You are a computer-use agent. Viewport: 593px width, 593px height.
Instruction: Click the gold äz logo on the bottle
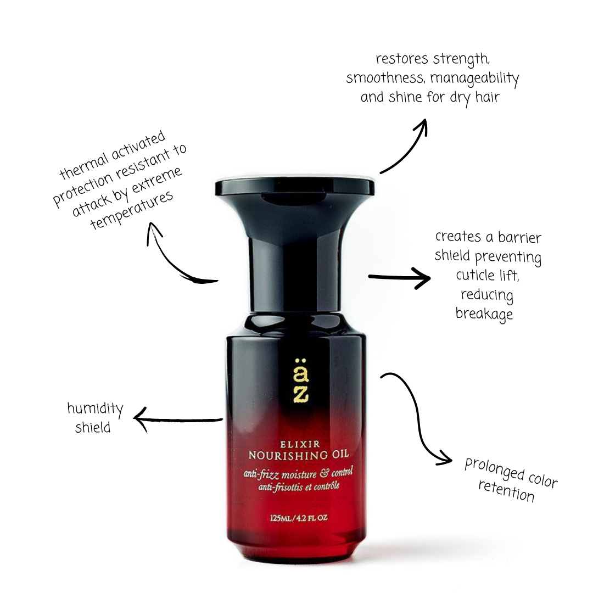(301, 381)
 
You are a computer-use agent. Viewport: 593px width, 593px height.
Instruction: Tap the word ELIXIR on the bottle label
(300, 444)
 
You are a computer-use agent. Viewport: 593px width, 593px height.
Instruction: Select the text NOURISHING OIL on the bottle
(298, 455)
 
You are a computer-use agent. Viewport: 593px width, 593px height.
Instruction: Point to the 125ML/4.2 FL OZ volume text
(299, 518)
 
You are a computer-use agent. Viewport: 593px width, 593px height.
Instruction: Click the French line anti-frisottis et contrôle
(299, 486)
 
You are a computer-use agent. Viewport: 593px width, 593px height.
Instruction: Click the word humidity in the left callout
(96, 409)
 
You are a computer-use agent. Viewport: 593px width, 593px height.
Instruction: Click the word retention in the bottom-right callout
(507, 490)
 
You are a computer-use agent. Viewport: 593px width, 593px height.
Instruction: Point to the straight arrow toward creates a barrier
(399, 277)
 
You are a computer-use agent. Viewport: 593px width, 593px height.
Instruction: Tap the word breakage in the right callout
(484, 314)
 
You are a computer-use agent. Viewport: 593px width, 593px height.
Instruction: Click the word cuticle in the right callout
(475, 275)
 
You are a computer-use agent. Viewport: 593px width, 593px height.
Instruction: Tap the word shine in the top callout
(405, 97)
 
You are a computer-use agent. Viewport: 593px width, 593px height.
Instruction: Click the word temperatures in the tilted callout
(132, 210)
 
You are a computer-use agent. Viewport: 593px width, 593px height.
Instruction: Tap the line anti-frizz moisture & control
(298, 474)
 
